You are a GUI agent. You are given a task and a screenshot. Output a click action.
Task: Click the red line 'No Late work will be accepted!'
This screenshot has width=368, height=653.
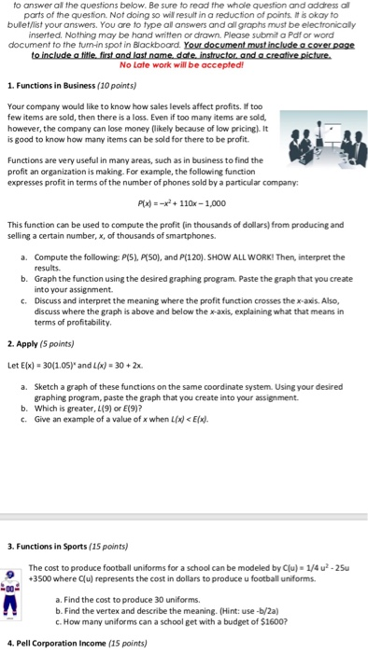pyautogui.click(x=184, y=66)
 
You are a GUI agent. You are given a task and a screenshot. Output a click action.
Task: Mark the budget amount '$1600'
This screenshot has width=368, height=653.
pyautogui.click(x=248, y=618)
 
